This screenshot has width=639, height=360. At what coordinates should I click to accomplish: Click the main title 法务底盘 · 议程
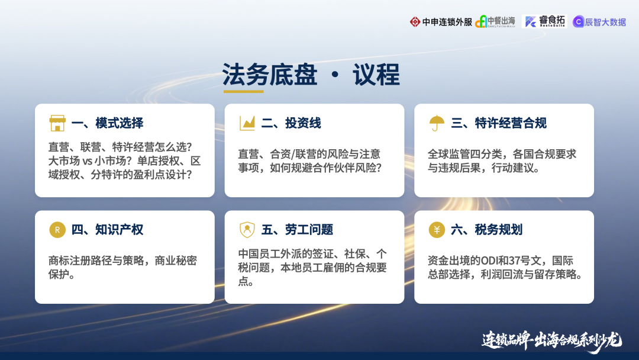311,75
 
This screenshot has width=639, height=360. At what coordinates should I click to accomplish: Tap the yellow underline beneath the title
243,91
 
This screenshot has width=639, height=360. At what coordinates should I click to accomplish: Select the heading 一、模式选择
107,123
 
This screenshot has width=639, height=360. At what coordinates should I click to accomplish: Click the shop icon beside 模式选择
57,123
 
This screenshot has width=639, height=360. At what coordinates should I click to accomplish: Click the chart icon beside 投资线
247,123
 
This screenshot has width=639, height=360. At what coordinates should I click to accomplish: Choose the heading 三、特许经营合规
499,123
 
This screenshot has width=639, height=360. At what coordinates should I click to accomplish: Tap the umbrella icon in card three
437,123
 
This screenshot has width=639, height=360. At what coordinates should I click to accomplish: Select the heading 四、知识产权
107,230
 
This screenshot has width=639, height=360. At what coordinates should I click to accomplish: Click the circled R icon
57,230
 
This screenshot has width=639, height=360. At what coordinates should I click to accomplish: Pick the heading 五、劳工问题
297,230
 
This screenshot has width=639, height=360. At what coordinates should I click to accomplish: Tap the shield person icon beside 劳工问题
247,230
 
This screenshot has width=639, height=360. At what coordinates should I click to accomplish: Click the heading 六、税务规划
486,230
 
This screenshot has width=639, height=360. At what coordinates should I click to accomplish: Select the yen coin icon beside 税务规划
437,230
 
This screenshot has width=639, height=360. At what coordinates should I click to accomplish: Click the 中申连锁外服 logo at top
441,22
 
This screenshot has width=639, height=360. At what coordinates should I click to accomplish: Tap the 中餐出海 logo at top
495,21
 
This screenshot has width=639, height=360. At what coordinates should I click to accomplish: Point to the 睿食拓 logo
544,21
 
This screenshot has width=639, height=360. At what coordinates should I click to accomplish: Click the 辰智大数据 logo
599,22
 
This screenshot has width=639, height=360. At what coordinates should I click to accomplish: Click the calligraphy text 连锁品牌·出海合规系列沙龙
551,340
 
